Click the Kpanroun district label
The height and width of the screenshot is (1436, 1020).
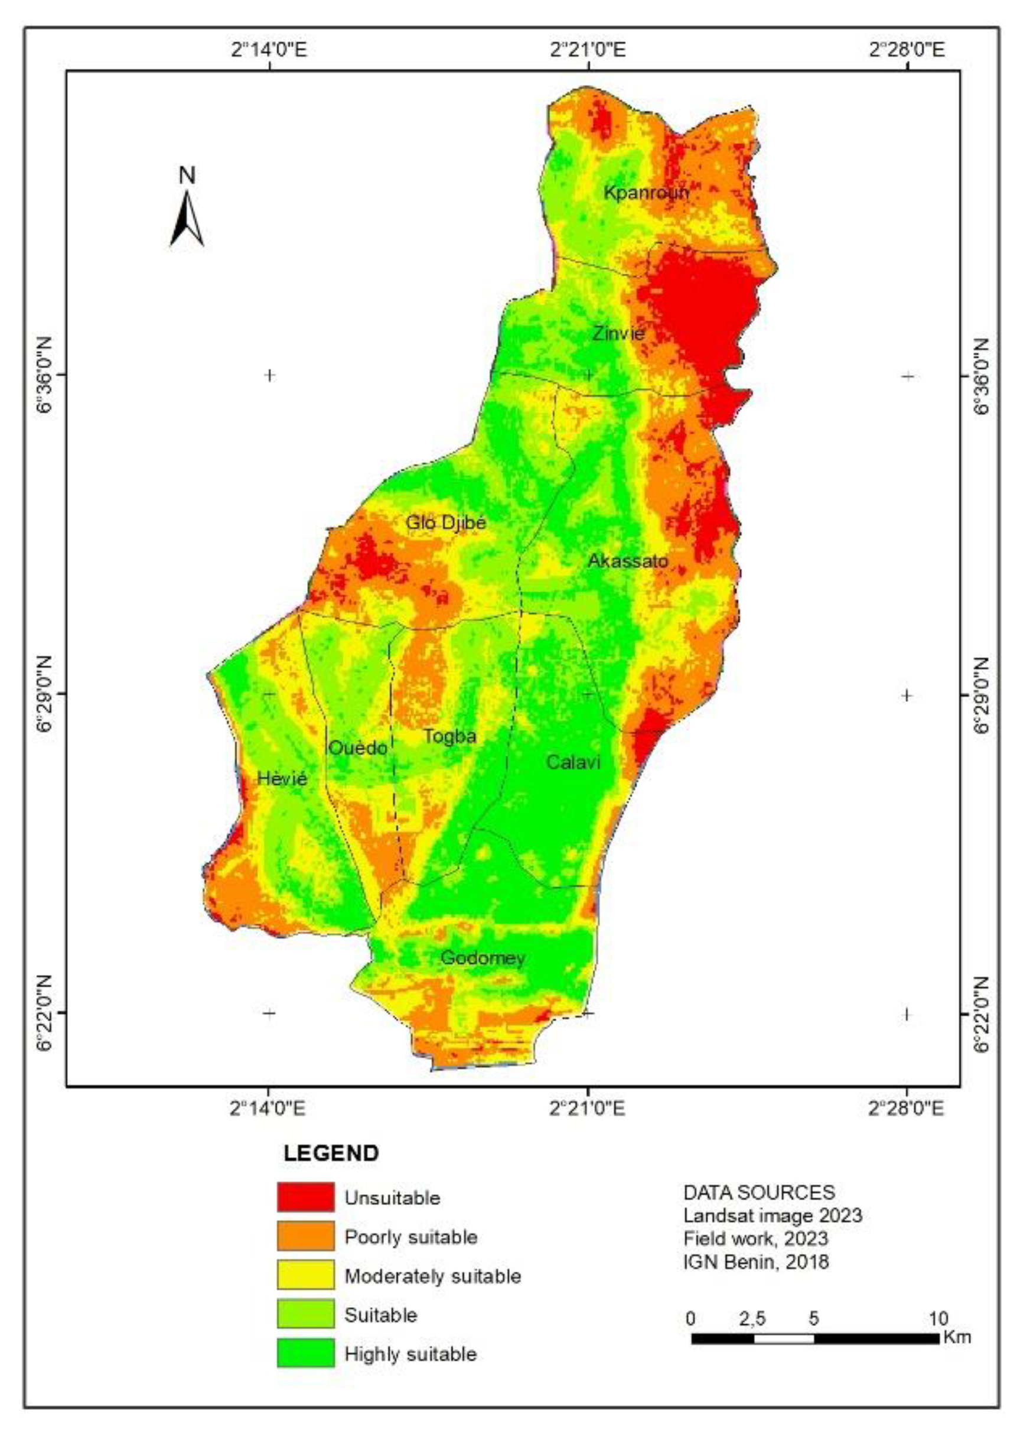click(x=646, y=192)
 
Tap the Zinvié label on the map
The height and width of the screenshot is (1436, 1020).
click(x=618, y=333)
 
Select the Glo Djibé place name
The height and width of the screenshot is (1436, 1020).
click(x=446, y=522)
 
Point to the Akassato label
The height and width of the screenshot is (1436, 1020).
click(x=627, y=561)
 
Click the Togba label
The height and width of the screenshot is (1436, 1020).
click(x=449, y=736)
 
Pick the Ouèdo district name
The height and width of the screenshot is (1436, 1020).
click(x=358, y=748)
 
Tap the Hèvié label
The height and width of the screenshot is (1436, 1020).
click(x=282, y=779)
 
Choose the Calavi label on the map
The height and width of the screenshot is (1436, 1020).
click(x=573, y=762)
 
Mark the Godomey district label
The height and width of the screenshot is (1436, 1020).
click(x=483, y=959)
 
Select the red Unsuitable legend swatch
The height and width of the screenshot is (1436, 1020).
click(x=306, y=1197)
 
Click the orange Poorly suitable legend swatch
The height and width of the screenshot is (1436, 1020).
click(x=306, y=1236)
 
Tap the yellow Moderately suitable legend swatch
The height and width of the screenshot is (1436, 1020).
click(x=306, y=1275)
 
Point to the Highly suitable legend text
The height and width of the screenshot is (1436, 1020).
click(x=410, y=1354)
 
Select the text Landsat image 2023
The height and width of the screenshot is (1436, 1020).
click(x=773, y=1216)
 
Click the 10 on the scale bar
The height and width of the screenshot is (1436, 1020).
click(x=938, y=1318)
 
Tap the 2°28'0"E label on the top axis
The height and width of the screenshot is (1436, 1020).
click(x=907, y=50)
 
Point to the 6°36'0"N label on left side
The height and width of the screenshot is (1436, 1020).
click(x=48, y=376)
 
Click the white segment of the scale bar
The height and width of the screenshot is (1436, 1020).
click(x=783, y=1338)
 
